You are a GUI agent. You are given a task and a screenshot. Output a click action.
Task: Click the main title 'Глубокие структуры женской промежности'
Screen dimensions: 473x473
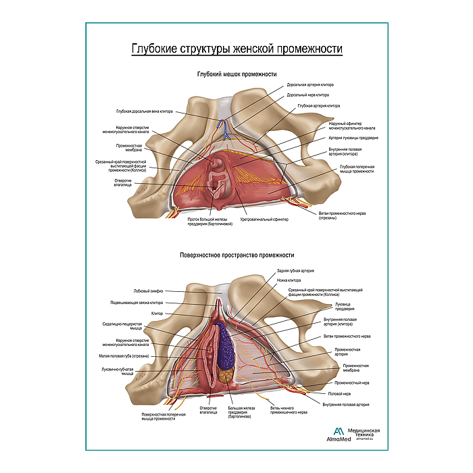(236, 49)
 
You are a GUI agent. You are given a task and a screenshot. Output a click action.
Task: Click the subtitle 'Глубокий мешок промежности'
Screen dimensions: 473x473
(236, 74)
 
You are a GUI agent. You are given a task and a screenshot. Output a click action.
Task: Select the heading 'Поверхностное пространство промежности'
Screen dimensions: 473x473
(236, 255)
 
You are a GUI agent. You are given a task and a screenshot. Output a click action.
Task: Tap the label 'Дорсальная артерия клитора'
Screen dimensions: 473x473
(310, 85)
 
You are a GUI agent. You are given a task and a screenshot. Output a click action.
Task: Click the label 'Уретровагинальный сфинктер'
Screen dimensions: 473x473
(270, 219)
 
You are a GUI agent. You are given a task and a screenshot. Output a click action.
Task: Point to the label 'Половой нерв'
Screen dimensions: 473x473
(339, 393)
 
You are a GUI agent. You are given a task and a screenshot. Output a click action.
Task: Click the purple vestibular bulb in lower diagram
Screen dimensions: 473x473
(224, 345)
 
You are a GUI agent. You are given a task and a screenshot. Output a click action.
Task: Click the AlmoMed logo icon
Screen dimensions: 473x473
(339, 432)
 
